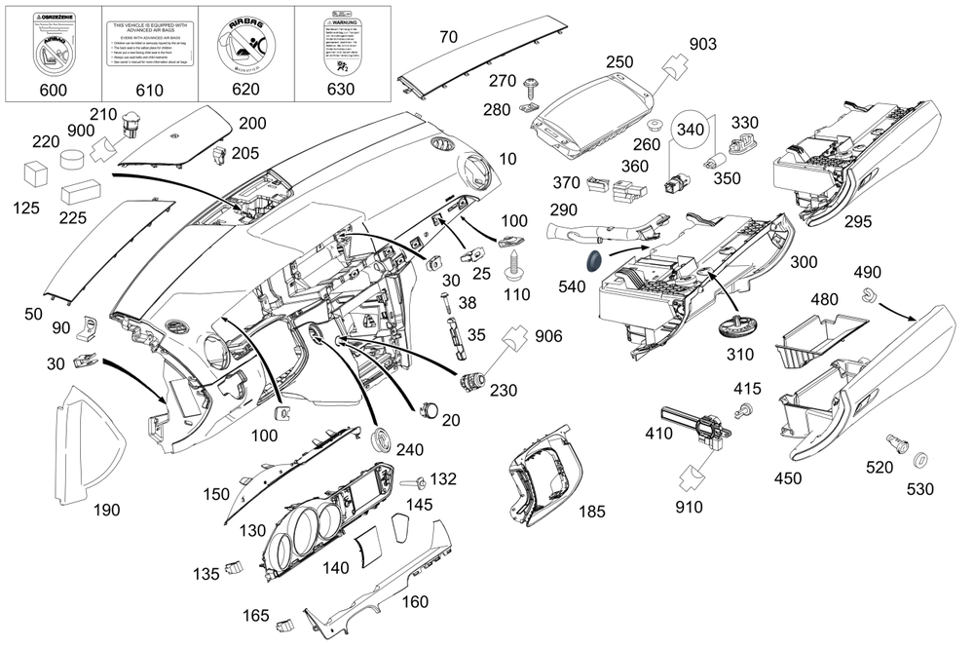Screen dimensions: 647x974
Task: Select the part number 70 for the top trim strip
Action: coord(448,38)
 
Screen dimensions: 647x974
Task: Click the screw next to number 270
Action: coord(532,85)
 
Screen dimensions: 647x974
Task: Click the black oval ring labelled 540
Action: coord(590,261)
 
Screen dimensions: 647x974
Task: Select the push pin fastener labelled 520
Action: coord(896,445)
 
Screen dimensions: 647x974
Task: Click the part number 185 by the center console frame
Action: coord(592,510)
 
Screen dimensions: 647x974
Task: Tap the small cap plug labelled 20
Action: coord(429,408)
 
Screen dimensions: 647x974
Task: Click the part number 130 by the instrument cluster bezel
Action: coord(255,529)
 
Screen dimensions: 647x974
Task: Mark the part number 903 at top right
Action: coord(702,44)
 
